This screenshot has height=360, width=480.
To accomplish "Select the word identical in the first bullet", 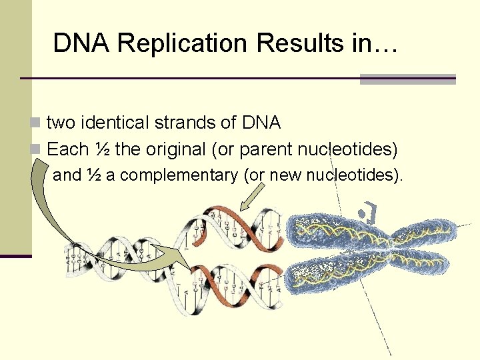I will click(x=115, y=123).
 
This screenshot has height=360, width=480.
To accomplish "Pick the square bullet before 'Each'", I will click(x=36, y=150).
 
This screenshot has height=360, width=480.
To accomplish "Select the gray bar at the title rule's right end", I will click(x=407, y=79).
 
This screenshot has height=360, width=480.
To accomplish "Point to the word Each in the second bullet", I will click(x=66, y=149).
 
